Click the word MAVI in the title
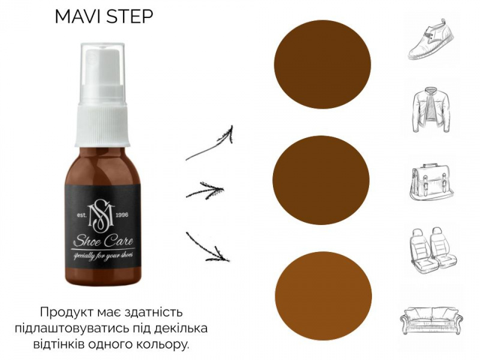[x=77, y=17]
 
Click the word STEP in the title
[x=128, y=17]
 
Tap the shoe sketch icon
[x=431, y=39]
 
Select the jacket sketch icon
[x=431, y=110]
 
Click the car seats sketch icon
[x=433, y=248]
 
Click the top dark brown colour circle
[x=322, y=64]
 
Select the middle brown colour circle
[x=321, y=180]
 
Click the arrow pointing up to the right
[x=209, y=144]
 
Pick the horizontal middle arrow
[x=205, y=190]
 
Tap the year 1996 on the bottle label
[x=122, y=215]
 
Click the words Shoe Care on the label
[x=104, y=241]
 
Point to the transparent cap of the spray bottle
[x=103, y=73]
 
